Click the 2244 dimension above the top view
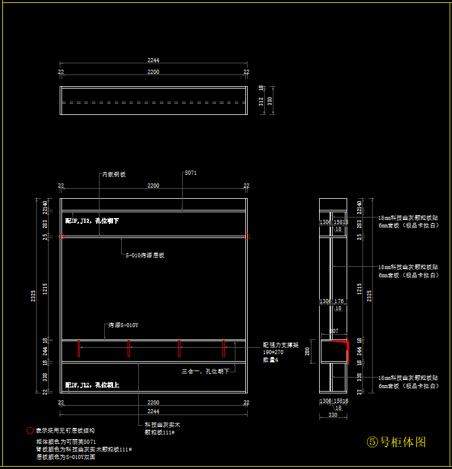click(x=153, y=60)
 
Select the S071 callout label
click(x=191, y=173)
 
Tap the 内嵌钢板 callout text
click(x=114, y=175)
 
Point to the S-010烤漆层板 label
click(x=145, y=255)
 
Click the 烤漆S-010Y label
click(x=123, y=325)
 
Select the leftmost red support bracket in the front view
click(x=128, y=349)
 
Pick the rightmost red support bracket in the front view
click(x=223, y=349)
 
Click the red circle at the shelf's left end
click(x=61, y=237)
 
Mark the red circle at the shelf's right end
click(x=247, y=237)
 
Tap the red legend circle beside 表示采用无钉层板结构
click(x=30, y=430)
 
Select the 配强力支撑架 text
click(x=281, y=345)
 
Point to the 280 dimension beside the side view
click(x=308, y=351)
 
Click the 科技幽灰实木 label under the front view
click(x=162, y=424)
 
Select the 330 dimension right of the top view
click(x=270, y=101)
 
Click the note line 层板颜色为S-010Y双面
click(x=66, y=457)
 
